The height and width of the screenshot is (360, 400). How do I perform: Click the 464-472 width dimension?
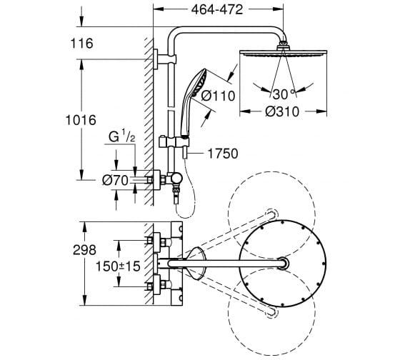click(217, 10)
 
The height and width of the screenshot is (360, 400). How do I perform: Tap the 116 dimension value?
click(81, 44)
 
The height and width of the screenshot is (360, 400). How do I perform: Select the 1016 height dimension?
click(81, 120)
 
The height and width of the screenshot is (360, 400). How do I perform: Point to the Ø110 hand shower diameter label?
click(218, 96)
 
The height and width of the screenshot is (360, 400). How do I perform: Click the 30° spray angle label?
click(284, 94)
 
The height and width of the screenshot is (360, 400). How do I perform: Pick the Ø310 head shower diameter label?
click(282, 111)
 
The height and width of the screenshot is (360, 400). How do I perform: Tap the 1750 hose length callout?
click(223, 154)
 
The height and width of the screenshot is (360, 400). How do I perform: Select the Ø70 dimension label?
click(115, 181)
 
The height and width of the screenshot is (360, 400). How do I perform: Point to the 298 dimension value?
click(84, 250)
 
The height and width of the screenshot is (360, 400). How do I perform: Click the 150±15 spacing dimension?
click(118, 266)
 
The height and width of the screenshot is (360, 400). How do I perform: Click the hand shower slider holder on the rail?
click(174, 142)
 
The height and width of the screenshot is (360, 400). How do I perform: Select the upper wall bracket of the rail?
click(164, 59)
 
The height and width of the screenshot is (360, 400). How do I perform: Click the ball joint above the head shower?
click(283, 46)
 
